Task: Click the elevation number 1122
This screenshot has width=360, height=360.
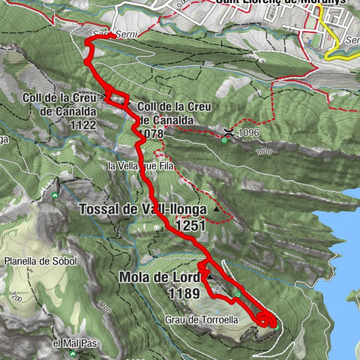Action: point(80,125)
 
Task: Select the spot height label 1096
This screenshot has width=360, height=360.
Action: point(251,133)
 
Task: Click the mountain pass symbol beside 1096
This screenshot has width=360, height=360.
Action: point(226,132)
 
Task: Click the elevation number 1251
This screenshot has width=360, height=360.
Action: point(191,224)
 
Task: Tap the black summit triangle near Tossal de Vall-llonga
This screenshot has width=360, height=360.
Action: point(217,210)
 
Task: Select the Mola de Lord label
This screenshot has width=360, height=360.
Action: point(160,278)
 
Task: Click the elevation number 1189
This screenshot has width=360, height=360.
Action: point(184,294)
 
